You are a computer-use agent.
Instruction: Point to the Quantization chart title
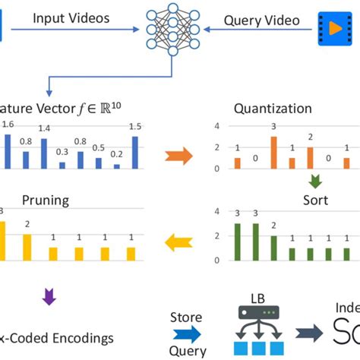(x=283, y=108)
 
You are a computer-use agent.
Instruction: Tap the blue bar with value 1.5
(x=135, y=152)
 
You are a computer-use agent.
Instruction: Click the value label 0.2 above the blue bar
(x=117, y=153)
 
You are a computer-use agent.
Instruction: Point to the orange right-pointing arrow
(x=179, y=157)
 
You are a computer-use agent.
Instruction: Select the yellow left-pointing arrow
(x=179, y=242)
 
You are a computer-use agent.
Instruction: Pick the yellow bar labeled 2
(x=27, y=247)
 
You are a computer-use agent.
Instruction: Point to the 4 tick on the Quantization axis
(x=218, y=125)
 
